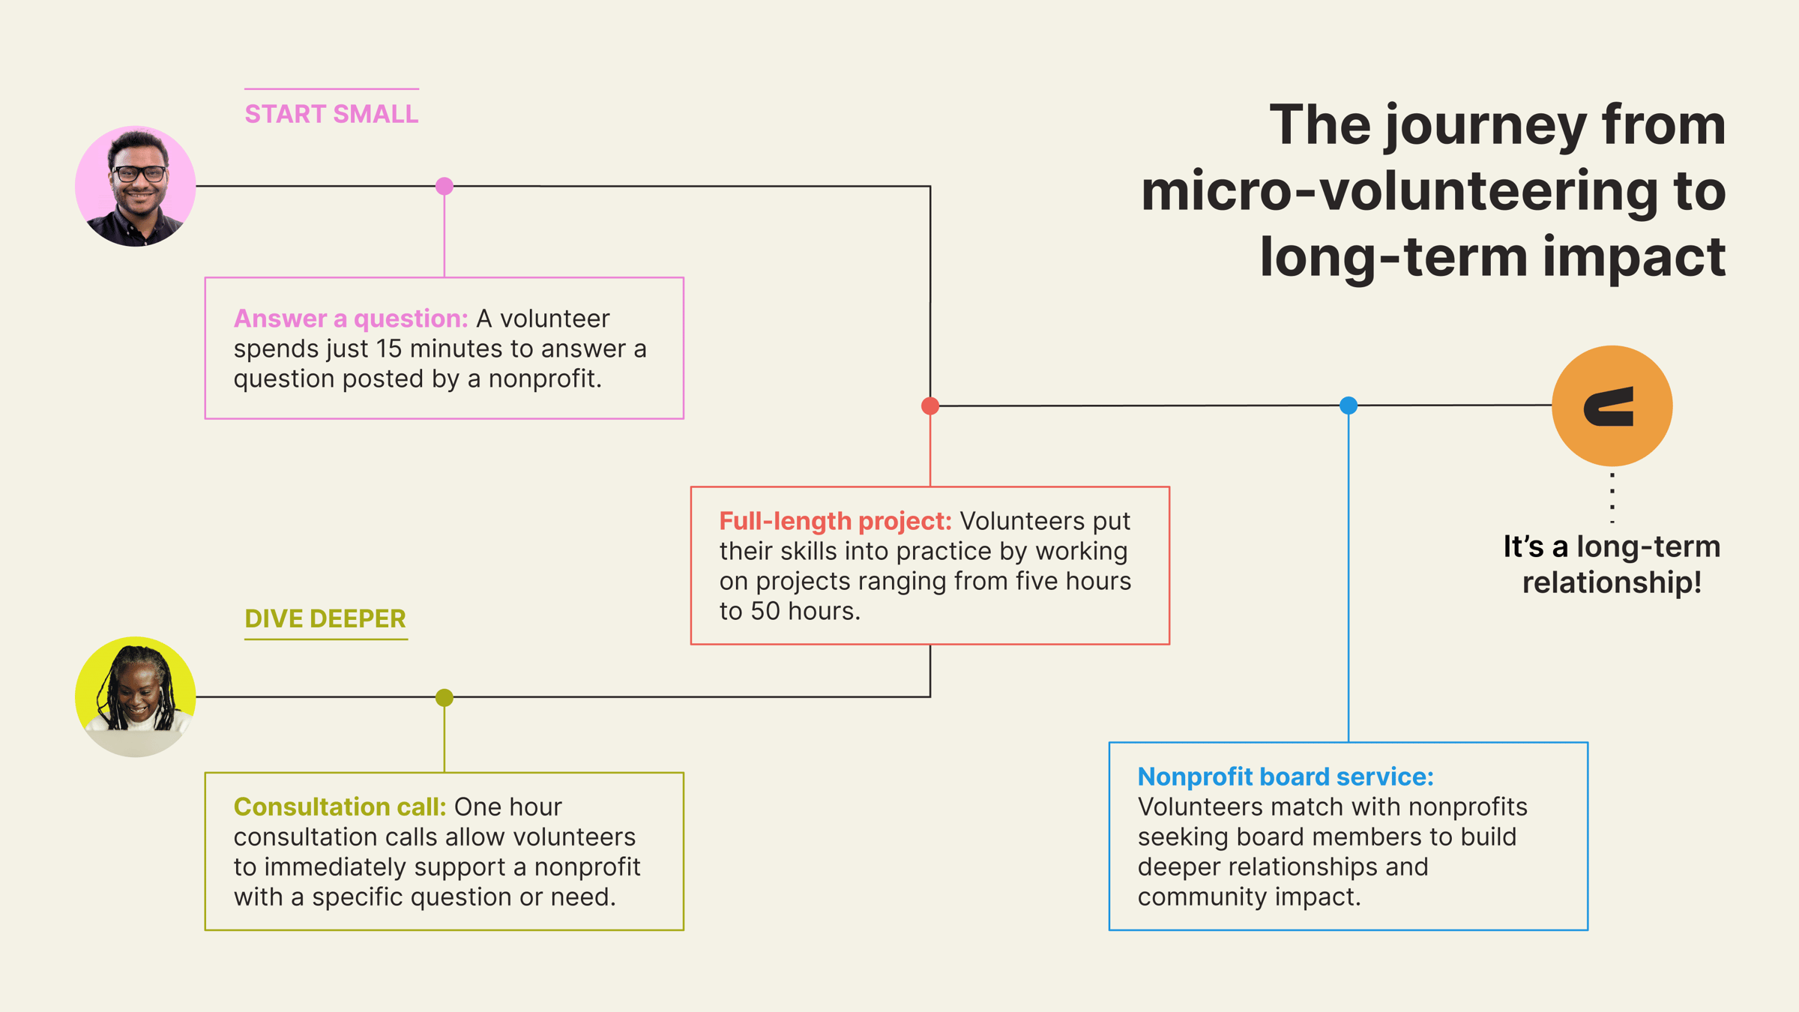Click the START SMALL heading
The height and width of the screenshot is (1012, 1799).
[331, 114]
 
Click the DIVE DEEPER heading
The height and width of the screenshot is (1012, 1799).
[325, 618]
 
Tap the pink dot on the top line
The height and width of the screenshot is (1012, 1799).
[445, 186]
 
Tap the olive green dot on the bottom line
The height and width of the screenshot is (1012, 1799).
[445, 697]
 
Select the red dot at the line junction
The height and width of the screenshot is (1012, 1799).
[930, 406]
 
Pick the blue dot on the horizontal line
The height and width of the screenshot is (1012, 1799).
[1349, 406]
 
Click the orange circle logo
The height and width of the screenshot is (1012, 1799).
[1612, 406]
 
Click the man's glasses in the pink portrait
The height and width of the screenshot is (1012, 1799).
[139, 173]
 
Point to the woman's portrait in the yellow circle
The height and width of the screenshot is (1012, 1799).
[136, 696]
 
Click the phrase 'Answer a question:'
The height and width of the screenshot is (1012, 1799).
[351, 319]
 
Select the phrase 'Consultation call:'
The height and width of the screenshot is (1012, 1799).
[340, 807]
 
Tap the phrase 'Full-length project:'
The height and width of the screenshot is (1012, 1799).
[835, 521]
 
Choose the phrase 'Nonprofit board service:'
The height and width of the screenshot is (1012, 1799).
[1285, 777]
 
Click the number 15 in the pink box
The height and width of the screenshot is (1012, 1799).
[389, 349]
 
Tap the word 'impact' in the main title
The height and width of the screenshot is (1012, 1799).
[1634, 256]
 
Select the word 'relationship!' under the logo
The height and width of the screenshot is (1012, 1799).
[1612, 582]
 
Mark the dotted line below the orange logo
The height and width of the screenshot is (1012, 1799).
[1612, 497]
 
